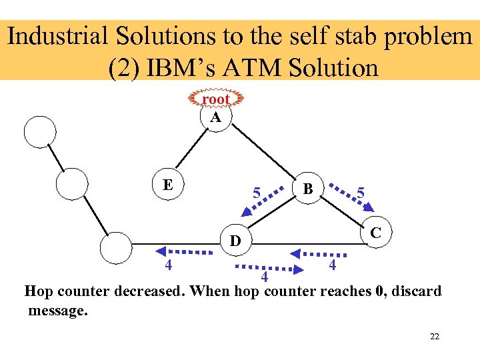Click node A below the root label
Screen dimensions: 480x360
pyautogui.click(x=215, y=117)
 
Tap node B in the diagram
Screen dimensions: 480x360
pyautogui.click(x=308, y=189)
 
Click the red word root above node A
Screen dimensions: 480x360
pyautogui.click(x=215, y=99)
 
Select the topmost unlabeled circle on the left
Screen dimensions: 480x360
pyautogui.click(x=39, y=131)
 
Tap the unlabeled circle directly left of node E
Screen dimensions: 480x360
pyautogui.click(x=71, y=183)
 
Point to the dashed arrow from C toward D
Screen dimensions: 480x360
pyautogui.click(x=317, y=253)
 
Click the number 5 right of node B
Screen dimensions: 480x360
pyautogui.click(x=361, y=192)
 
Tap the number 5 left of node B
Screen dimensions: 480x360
pyautogui.click(x=256, y=194)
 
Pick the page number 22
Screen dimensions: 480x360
pyautogui.click(x=435, y=336)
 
